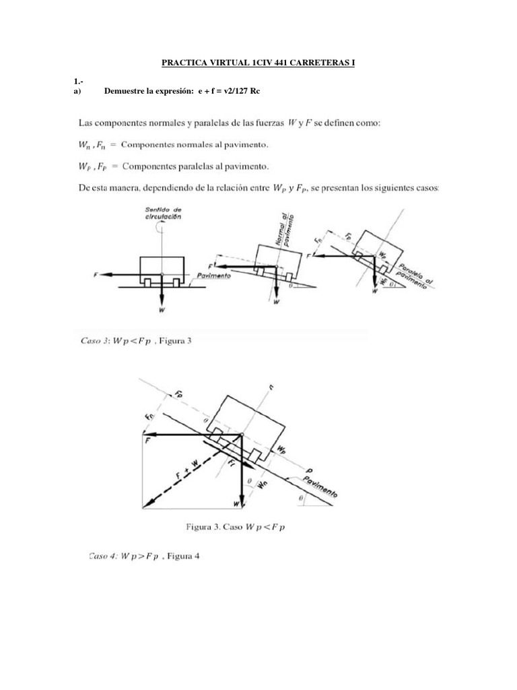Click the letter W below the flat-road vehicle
point(161,310)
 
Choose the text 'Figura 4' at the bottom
point(183,557)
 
